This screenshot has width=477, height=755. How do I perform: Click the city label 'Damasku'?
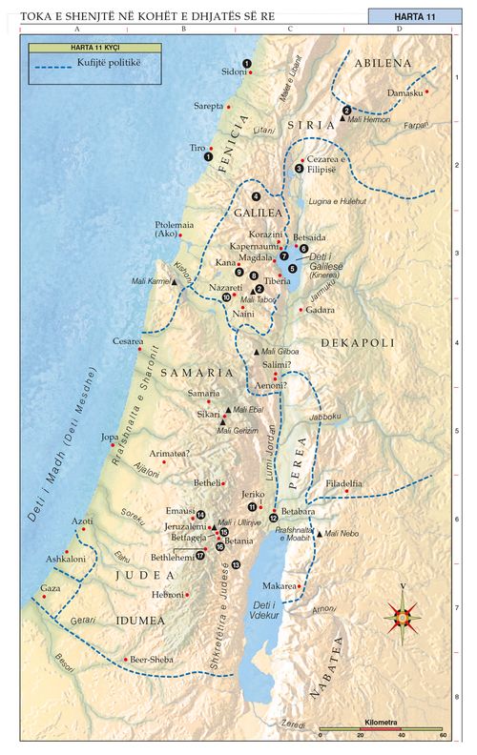404,92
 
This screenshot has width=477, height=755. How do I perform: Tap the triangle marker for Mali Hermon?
342,119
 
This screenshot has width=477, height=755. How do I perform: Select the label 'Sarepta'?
208,106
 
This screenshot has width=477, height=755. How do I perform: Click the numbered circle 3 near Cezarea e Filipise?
299,168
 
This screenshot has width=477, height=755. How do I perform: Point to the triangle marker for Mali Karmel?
175,282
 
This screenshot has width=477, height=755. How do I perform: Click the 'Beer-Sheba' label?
152,659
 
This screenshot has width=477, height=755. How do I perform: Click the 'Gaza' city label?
51,589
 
